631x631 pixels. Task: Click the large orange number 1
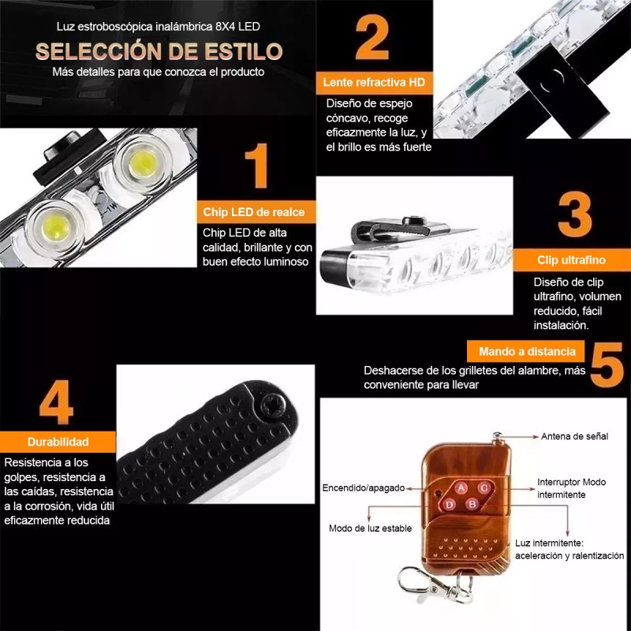[256, 166]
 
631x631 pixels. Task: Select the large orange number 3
[575, 213]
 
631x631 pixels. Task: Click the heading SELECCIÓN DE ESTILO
[159, 52]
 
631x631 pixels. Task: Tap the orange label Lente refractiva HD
[374, 82]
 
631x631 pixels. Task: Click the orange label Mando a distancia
[527, 351]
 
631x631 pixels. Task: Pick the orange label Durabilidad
[58, 442]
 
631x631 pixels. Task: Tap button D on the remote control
[449, 504]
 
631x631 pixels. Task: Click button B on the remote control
[472, 504]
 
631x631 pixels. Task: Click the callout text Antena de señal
[574, 436]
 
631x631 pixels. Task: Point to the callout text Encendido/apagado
[363, 487]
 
